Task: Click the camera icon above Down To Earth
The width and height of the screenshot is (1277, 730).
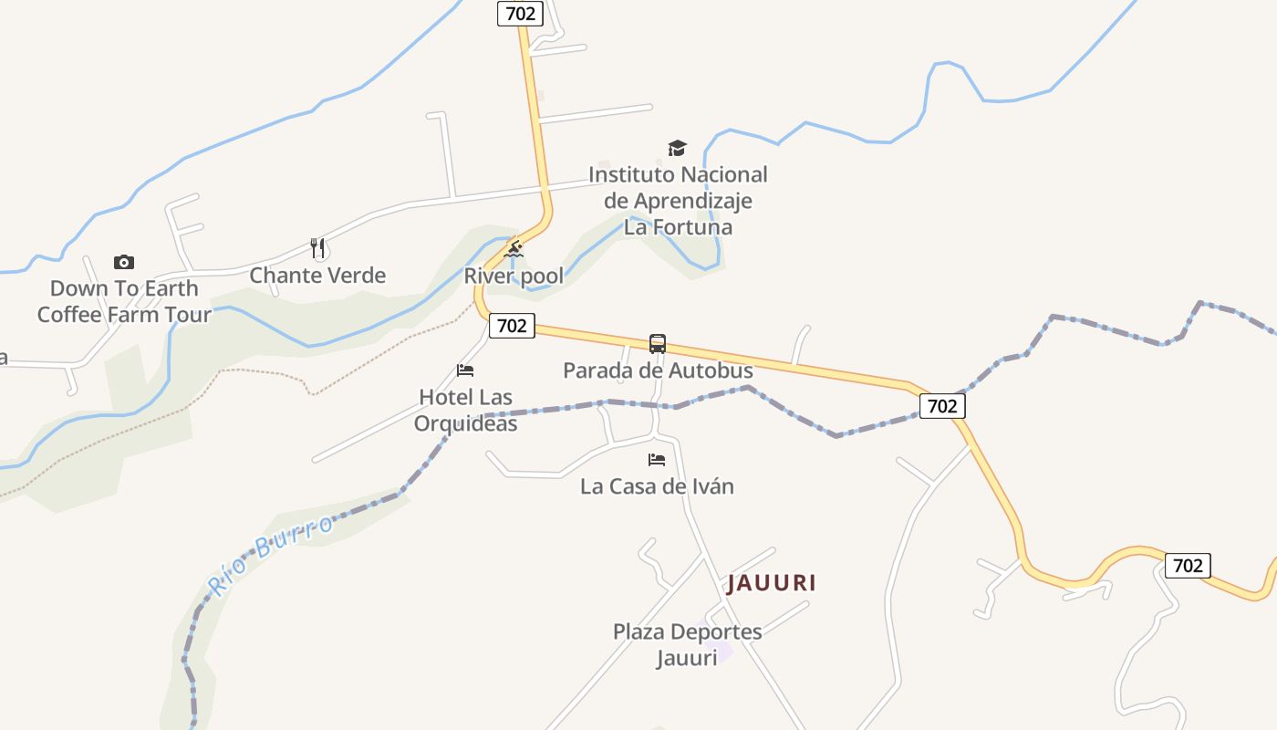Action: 124,263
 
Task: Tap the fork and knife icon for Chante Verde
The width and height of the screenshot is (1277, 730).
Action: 317,247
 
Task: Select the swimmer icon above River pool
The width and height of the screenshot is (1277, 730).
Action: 514,249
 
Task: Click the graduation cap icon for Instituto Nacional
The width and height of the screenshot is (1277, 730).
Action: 677,148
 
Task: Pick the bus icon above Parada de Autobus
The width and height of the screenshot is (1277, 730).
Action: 658,344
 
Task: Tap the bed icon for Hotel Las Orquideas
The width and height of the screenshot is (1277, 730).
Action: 465,370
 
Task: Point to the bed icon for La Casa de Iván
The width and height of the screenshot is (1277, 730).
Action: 657,460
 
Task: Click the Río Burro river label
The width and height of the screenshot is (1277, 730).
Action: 270,552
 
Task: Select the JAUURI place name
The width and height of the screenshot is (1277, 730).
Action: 771,583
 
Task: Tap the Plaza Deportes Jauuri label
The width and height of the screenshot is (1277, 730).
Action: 687,644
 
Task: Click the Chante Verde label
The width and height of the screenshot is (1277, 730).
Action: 317,276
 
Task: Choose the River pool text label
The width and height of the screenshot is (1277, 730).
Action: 514,276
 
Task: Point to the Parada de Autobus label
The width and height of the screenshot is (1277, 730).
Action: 658,370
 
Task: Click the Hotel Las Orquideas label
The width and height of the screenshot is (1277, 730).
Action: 465,411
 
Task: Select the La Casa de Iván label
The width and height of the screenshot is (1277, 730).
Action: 657,486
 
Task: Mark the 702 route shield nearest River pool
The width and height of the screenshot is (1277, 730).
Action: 512,326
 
